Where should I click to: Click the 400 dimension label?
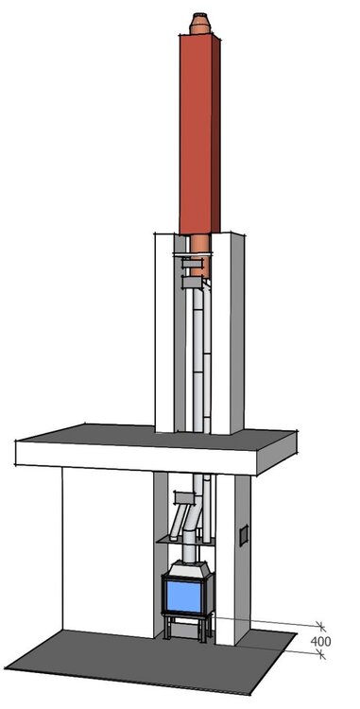(x=320, y=641)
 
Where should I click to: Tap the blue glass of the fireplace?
(x=184, y=597)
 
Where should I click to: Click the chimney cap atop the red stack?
(x=200, y=24)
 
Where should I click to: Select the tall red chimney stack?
(x=199, y=134)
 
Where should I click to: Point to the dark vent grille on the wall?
(x=244, y=535)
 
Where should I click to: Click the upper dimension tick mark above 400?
(x=320, y=626)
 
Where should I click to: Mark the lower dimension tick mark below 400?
(x=321, y=654)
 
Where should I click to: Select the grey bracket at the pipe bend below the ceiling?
(x=184, y=498)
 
